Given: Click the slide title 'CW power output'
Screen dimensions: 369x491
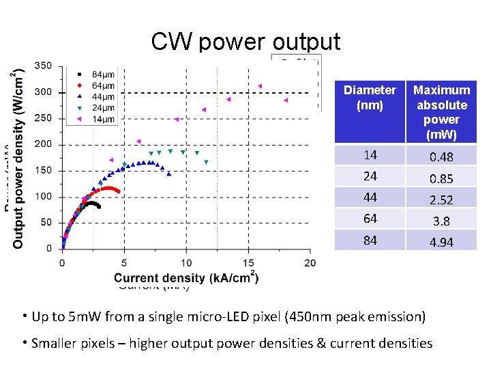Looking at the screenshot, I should tap(245, 42).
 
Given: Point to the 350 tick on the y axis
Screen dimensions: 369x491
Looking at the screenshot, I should tap(42, 66).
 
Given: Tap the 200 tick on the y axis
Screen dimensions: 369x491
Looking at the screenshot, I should tap(42, 144).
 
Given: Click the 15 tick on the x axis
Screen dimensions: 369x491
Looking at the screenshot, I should tap(248, 262).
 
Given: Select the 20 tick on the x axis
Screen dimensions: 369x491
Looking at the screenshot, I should tap(310, 262).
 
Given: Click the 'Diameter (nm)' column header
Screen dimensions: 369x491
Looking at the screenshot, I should tap(370, 98).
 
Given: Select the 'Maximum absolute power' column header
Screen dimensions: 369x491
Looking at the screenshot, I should tap(441, 112).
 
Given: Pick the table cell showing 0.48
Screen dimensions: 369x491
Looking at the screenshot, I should tap(441, 157).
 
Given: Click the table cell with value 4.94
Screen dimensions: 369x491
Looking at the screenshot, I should tap(441, 242).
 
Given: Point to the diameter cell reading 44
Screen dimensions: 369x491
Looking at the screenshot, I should tap(370, 197).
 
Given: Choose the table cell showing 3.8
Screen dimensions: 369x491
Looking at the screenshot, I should tap(441, 221).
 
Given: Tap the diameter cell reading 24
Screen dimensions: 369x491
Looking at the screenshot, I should tap(370, 176).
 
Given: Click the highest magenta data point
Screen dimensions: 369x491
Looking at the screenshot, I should tap(260, 86).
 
